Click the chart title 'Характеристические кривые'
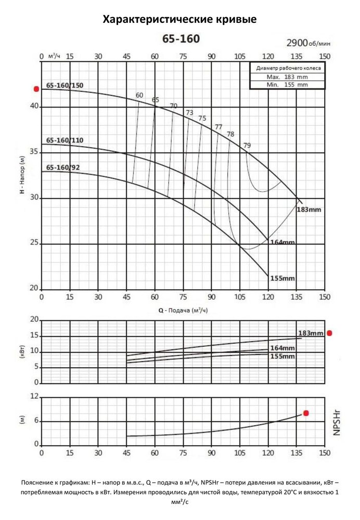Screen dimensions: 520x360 [x=180, y=20]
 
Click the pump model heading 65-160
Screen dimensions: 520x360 [x=181, y=39]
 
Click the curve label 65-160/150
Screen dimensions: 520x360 [x=65, y=85]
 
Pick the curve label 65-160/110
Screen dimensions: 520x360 [x=65, y=140]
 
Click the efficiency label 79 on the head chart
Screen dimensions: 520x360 [x=247, y=145]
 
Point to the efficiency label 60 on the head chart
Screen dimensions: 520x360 [x=139, y=95]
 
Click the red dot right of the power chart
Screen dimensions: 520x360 [x=329, y=333]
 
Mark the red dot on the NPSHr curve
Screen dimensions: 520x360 [x=306, y=413]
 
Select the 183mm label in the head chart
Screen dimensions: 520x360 [x=309, y=210]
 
